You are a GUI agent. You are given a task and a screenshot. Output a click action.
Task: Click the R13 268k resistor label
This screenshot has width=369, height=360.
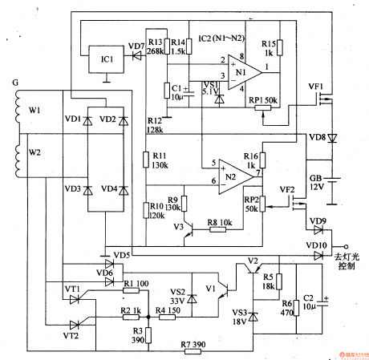[155, 47]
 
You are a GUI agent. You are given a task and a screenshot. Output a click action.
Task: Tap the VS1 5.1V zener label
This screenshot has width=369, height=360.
[209, 87]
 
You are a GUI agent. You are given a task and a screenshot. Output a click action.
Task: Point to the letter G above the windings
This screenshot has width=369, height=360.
[10, 82]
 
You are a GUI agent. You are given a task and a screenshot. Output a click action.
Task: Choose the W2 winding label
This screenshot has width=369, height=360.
[34, 151]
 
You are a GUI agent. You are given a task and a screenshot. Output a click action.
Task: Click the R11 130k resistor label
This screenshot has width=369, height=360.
[159, 160]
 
